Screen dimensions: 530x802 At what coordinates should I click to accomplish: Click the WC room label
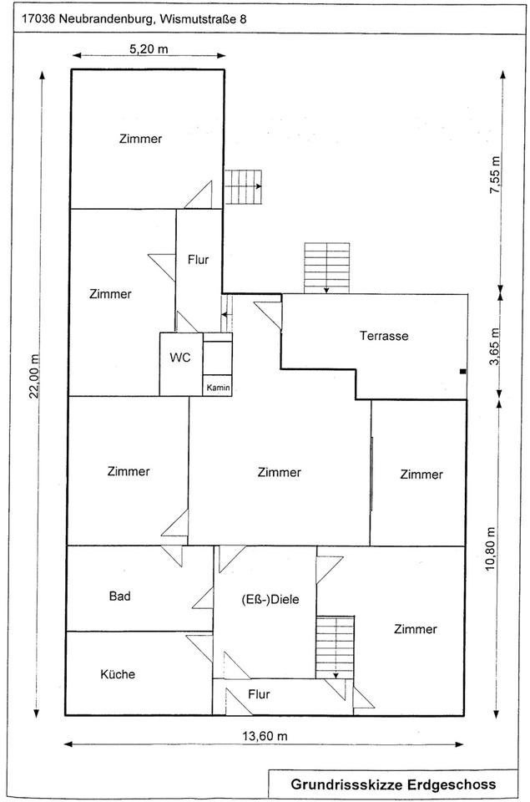180,357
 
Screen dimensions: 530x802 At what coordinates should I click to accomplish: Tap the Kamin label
218,388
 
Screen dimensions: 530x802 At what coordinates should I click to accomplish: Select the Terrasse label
384,336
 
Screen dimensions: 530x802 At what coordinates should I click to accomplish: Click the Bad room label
119,596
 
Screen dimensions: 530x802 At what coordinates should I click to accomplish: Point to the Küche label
118,674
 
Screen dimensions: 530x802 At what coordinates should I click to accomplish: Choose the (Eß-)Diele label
270,600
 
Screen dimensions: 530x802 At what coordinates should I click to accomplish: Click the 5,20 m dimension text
149,49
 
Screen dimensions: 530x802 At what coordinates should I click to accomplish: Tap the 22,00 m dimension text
34,375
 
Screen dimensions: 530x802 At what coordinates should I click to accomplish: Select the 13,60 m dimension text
265,736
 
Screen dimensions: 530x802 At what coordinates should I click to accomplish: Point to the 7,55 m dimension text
495,175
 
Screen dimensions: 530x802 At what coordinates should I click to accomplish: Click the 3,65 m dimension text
494,347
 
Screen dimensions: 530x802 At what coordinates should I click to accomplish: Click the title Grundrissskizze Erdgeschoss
393,784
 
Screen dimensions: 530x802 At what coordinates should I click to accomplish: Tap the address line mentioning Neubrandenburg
134,19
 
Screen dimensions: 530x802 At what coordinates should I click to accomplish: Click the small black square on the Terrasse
463,371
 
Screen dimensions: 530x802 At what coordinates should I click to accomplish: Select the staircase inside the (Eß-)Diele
335,647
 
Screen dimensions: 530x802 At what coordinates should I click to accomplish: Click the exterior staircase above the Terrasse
327,267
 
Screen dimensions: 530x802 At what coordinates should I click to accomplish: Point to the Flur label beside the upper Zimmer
199,260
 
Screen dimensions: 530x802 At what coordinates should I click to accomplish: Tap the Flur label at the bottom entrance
259,694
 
